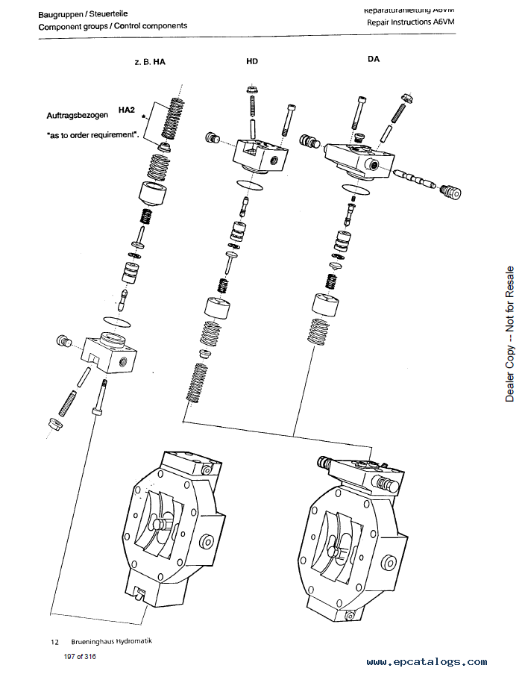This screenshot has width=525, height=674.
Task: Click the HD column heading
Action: (x=252, y=61)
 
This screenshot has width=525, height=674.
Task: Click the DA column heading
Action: (x=374, y=59)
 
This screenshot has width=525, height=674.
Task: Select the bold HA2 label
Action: (x=126, y=110)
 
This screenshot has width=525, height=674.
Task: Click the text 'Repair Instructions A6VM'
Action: (x=410, y=22)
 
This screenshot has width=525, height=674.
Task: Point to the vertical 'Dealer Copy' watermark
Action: (x=510, y=334)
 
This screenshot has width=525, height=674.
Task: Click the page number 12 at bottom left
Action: (x=54, y=641)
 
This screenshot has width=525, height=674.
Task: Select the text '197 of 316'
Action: (x=80, y=657)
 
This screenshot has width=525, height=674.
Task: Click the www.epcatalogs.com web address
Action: (x=427, y=661)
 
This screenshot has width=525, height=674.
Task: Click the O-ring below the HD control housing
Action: (x=248, y=184)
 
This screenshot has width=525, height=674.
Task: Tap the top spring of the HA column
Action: (x=174, y=117)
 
